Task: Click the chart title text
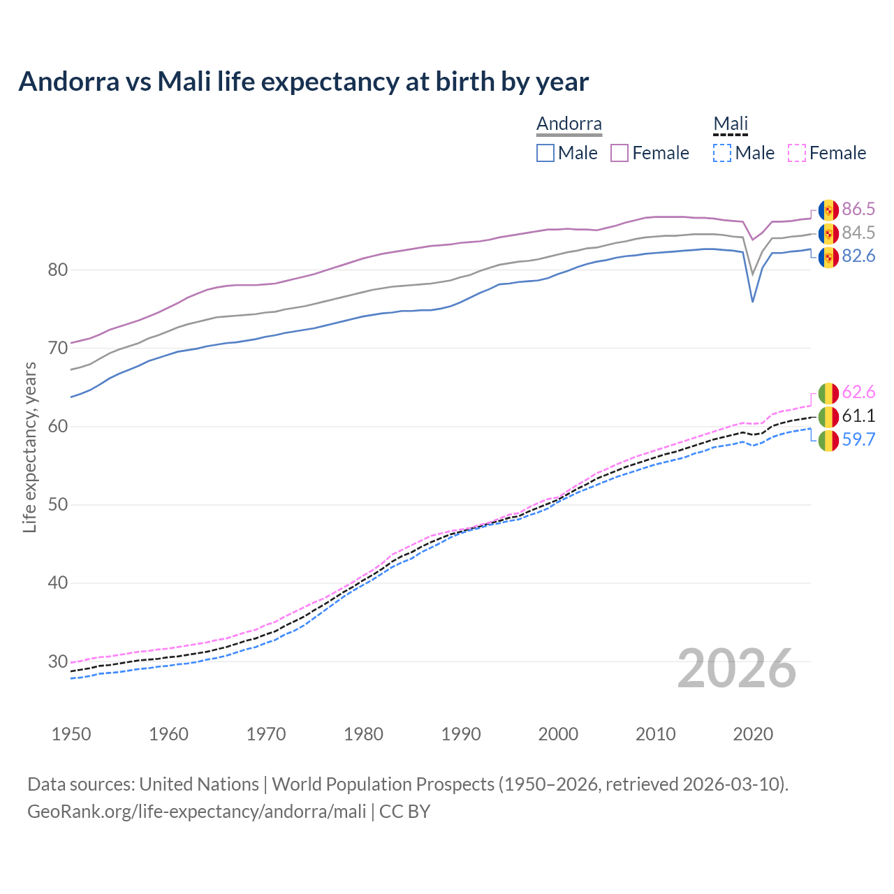(x=303, y=82)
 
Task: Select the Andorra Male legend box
(x=545, y=153)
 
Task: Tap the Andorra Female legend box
(x=620, y=153)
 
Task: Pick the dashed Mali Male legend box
(x=722, y=153)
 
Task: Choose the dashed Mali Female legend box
(x=797, y=153)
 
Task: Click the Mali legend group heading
(x=731, y=124)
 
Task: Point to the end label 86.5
(x=858, y=209)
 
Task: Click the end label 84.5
(x=858, y=233)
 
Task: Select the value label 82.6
(x=858, y=256)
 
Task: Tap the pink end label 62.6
(x=858, y=393)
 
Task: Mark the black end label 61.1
(x=858, y=416)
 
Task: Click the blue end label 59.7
(x=858, y=439)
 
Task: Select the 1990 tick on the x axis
(x=461, y=734)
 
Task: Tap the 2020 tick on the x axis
(x=753, y=734)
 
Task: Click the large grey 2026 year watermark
(x=736, y=668)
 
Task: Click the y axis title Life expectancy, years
(x=29, y=447)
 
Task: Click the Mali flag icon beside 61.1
(x=828, y=417)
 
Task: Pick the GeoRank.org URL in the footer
(x=196, y=812)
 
